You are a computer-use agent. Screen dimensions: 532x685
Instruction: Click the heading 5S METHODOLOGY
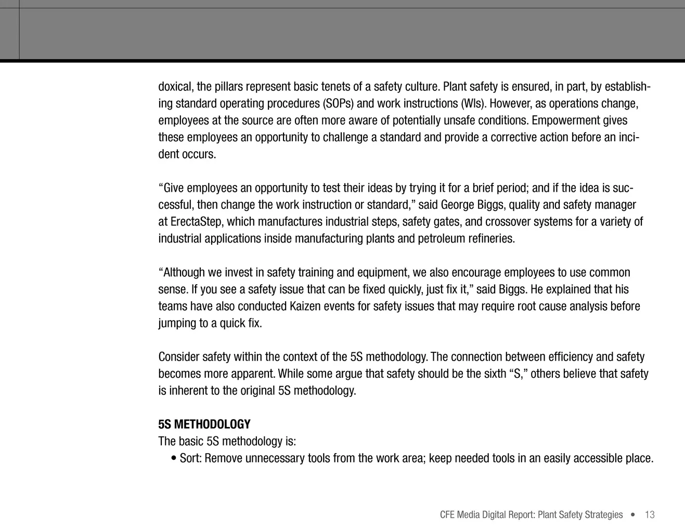coord(204,424)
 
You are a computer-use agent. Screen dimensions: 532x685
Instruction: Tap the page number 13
coord(650,515)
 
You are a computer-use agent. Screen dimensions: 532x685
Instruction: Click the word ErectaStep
coord(196,222)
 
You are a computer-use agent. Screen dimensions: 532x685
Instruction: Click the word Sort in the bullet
coord(190,458)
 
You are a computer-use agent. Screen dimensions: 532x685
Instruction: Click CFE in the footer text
coord(447,515)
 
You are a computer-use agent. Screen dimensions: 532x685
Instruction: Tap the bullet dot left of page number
coord(632,515)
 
